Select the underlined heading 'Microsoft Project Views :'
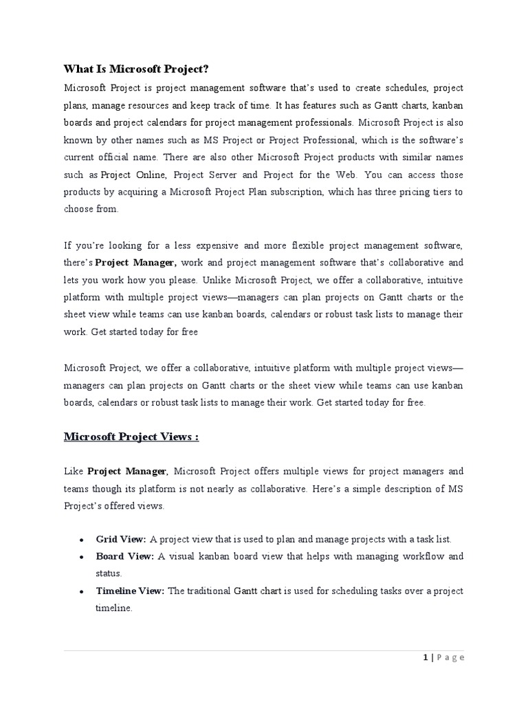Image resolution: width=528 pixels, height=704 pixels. tap(131, 437)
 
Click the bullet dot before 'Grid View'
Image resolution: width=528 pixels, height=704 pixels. tap(82, 540)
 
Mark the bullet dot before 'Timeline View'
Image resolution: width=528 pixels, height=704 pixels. tap(82, 591)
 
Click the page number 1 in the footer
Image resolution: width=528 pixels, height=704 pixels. tap(426, 658)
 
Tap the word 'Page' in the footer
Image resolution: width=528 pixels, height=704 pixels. tap(450, 658)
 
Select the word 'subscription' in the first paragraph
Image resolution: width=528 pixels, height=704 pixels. tap(297, 192)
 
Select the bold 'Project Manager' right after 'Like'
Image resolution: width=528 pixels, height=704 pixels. tap(127, 471)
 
